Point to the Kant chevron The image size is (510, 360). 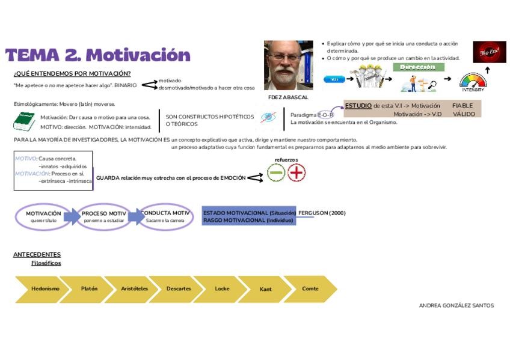265,289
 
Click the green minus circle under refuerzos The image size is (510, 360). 276,173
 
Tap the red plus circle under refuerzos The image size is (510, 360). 296,173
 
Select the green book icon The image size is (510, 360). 25,121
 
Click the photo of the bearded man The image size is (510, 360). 288,65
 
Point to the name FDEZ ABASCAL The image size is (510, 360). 288,97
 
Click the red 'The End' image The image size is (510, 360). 490,52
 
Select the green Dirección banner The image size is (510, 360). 422,67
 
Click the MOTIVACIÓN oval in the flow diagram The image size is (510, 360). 43,216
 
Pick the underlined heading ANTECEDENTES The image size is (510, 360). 37,254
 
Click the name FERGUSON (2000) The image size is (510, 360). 322,213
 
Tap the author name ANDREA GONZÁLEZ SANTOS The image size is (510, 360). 456,305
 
